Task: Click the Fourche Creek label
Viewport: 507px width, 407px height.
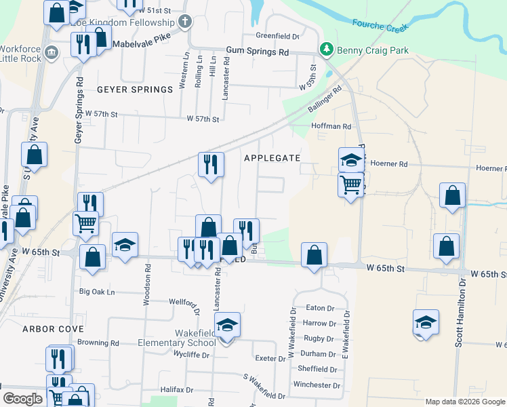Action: coord(380,26)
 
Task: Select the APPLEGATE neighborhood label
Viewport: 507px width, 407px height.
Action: coord(272,157)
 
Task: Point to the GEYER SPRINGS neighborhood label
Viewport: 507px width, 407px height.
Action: coord(135,90)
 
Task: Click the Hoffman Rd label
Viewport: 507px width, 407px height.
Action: coord(331,126)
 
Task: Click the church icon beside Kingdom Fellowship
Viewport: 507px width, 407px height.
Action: coord(185,22)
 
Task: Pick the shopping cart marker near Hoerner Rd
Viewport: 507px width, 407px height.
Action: coord(350,184)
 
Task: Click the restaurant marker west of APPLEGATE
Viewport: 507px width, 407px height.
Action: coord(211,164)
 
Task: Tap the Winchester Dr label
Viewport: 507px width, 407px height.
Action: coord(316,385)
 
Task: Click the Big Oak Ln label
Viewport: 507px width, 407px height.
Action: coord(98,292)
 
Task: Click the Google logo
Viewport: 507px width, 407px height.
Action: coord(22,398)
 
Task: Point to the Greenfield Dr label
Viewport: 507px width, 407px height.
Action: coord(277,36)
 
